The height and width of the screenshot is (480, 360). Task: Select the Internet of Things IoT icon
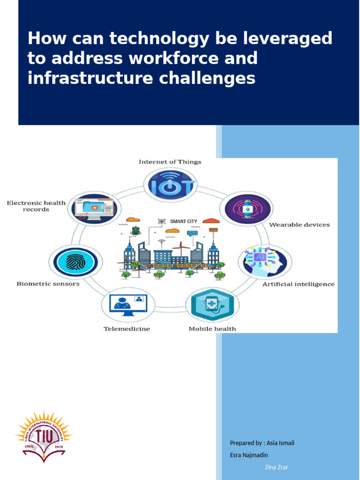(170, 185)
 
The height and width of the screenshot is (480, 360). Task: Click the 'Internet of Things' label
(170, 162)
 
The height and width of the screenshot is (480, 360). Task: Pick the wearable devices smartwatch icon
(247, 209)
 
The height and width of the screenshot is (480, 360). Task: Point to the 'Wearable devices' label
(299, 225)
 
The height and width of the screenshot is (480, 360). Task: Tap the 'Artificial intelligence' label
(298, 284)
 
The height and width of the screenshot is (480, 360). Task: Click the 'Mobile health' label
(212, 329)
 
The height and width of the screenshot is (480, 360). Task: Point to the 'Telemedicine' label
(127, 329)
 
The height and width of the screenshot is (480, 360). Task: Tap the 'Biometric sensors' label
(48, 284)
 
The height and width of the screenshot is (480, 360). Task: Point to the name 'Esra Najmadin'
(248, 454)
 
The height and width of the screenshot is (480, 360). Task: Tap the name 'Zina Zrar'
(277, 467)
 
